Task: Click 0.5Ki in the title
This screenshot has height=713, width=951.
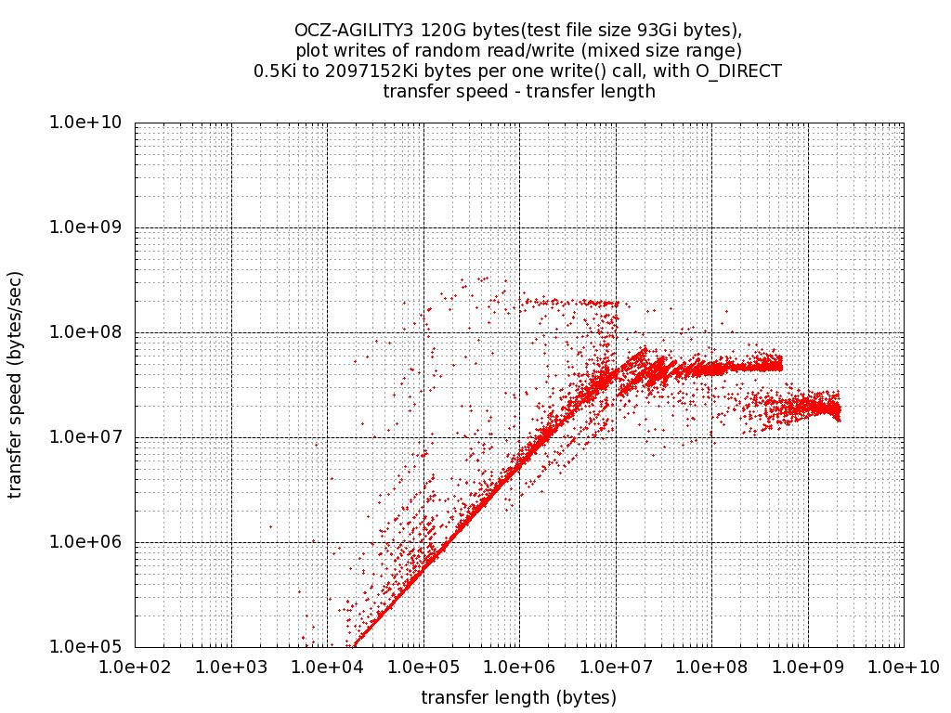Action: tap(277, 71)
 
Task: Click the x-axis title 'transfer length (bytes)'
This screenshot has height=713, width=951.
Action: tap(518, 696)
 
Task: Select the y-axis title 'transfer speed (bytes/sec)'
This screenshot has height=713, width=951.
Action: tap(16, 384)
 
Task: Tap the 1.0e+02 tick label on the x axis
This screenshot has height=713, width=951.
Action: tap(136, 666)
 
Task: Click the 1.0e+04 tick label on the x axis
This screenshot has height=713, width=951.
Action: tap(327, 666)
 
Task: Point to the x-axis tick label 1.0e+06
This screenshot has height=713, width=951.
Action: tap(519, 666)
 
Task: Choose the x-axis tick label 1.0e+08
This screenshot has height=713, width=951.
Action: tap(711, 666)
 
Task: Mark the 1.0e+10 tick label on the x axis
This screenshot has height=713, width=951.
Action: tap(903, 666)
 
